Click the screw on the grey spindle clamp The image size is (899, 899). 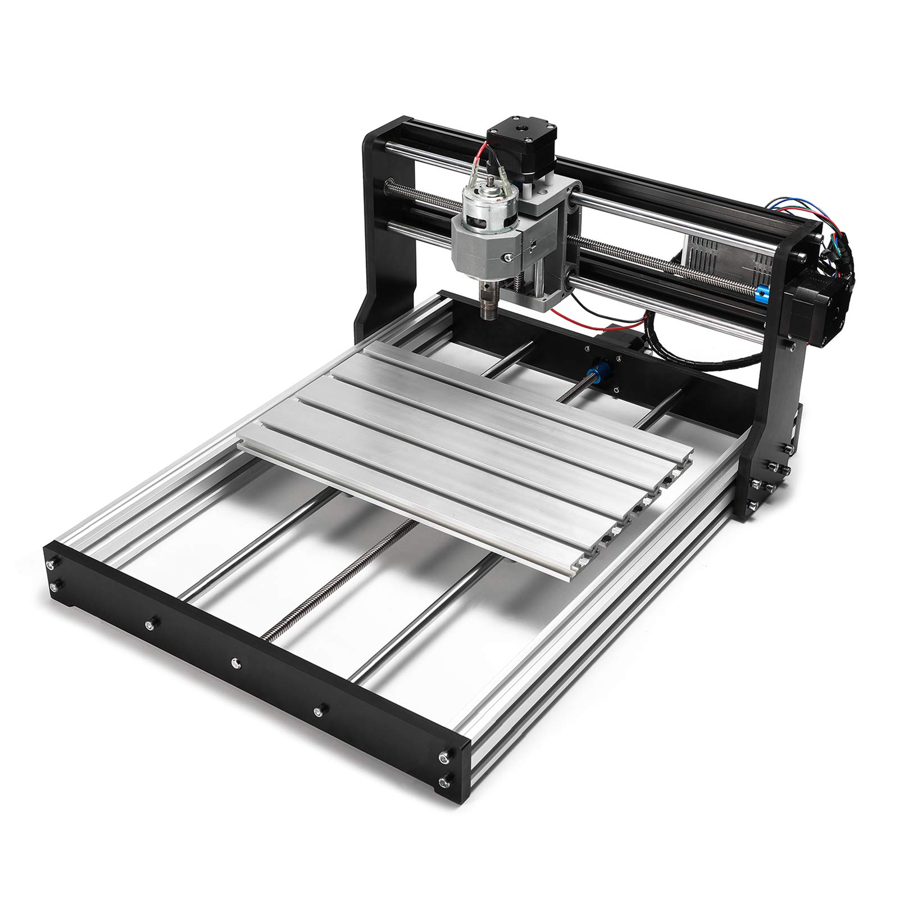tap(508, 257)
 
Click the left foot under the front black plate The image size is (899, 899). tap(72, 608)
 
